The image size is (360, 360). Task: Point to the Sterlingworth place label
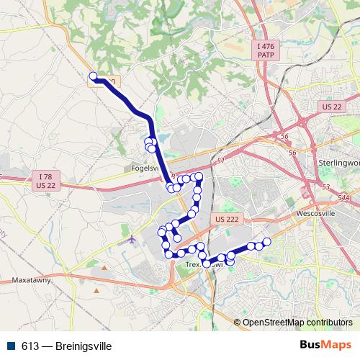(338, 163)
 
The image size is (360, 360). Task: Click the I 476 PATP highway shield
(266, 50)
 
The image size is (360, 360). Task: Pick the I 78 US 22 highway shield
(46, 181)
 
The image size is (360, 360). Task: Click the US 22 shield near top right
(332, 107)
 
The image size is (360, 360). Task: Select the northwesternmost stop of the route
(92, 76)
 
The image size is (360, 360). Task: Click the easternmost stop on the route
(267, 242)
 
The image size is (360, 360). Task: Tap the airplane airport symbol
(132, 238)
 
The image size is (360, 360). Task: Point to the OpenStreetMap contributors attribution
(297, 323)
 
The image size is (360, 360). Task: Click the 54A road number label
(343, 197)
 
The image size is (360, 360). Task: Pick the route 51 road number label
(220, 161)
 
